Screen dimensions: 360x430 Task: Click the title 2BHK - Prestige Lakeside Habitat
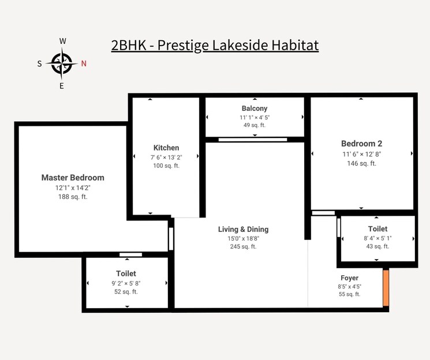215,45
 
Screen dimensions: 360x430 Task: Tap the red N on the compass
84,64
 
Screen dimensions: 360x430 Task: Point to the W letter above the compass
62,41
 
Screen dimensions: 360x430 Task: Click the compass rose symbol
62,63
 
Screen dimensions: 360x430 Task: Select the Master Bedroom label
73,178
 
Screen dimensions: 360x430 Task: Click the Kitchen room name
166,148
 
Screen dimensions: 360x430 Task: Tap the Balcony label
255,108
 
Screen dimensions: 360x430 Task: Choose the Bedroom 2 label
361,144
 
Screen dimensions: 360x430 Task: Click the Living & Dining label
243,229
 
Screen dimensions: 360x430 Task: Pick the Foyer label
349,278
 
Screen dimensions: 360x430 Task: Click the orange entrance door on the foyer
386,287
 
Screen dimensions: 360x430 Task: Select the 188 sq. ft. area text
73,197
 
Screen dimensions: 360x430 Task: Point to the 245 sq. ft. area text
243,246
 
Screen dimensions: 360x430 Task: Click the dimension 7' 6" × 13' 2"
166,157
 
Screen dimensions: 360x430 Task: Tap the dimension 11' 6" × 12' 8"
361,154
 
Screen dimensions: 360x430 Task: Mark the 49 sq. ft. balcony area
255,125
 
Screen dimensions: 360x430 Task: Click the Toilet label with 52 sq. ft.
126,273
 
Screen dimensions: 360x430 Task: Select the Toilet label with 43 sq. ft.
377,229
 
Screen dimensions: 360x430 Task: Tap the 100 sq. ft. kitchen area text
166,166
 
